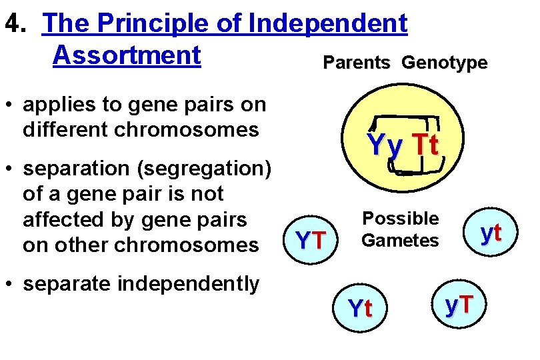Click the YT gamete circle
coord(310,239)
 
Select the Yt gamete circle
coord(361,308)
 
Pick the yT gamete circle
coord(459,304)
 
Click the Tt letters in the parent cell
coord(425,145)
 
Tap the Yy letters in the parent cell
coord(385,145)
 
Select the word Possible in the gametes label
coord(400,219)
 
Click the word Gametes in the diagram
coord(400,240)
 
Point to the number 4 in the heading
coord(11,23)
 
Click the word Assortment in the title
coord(127,55)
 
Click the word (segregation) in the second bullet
coord(202,169)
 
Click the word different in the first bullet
coord(63,129)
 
